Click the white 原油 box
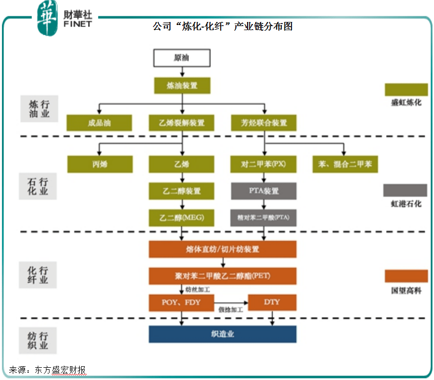coord(182,58)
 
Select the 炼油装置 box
coord(182,85)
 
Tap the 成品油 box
coord(99,123)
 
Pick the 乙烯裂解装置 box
coord(182,123)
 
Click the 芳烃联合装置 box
coord(263,123)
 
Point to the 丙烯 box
coord(100,164)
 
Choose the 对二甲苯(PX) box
coord(263,164)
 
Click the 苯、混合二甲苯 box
coord(345,164)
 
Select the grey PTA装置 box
coord(263,191)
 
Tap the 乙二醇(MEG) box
coord(182,218)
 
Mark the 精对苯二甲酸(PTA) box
coord(263,218)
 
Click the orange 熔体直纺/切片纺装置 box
coord(223,249)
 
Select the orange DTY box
coord(272,302)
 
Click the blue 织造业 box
coord(223,334)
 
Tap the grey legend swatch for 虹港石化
coord(405,190)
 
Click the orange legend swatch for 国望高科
coord(406,276)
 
